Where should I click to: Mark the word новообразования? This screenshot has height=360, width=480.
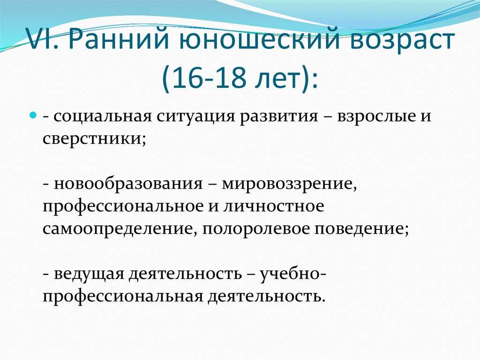coord(128,184)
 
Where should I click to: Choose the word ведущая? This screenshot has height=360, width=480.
coord(89,274)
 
